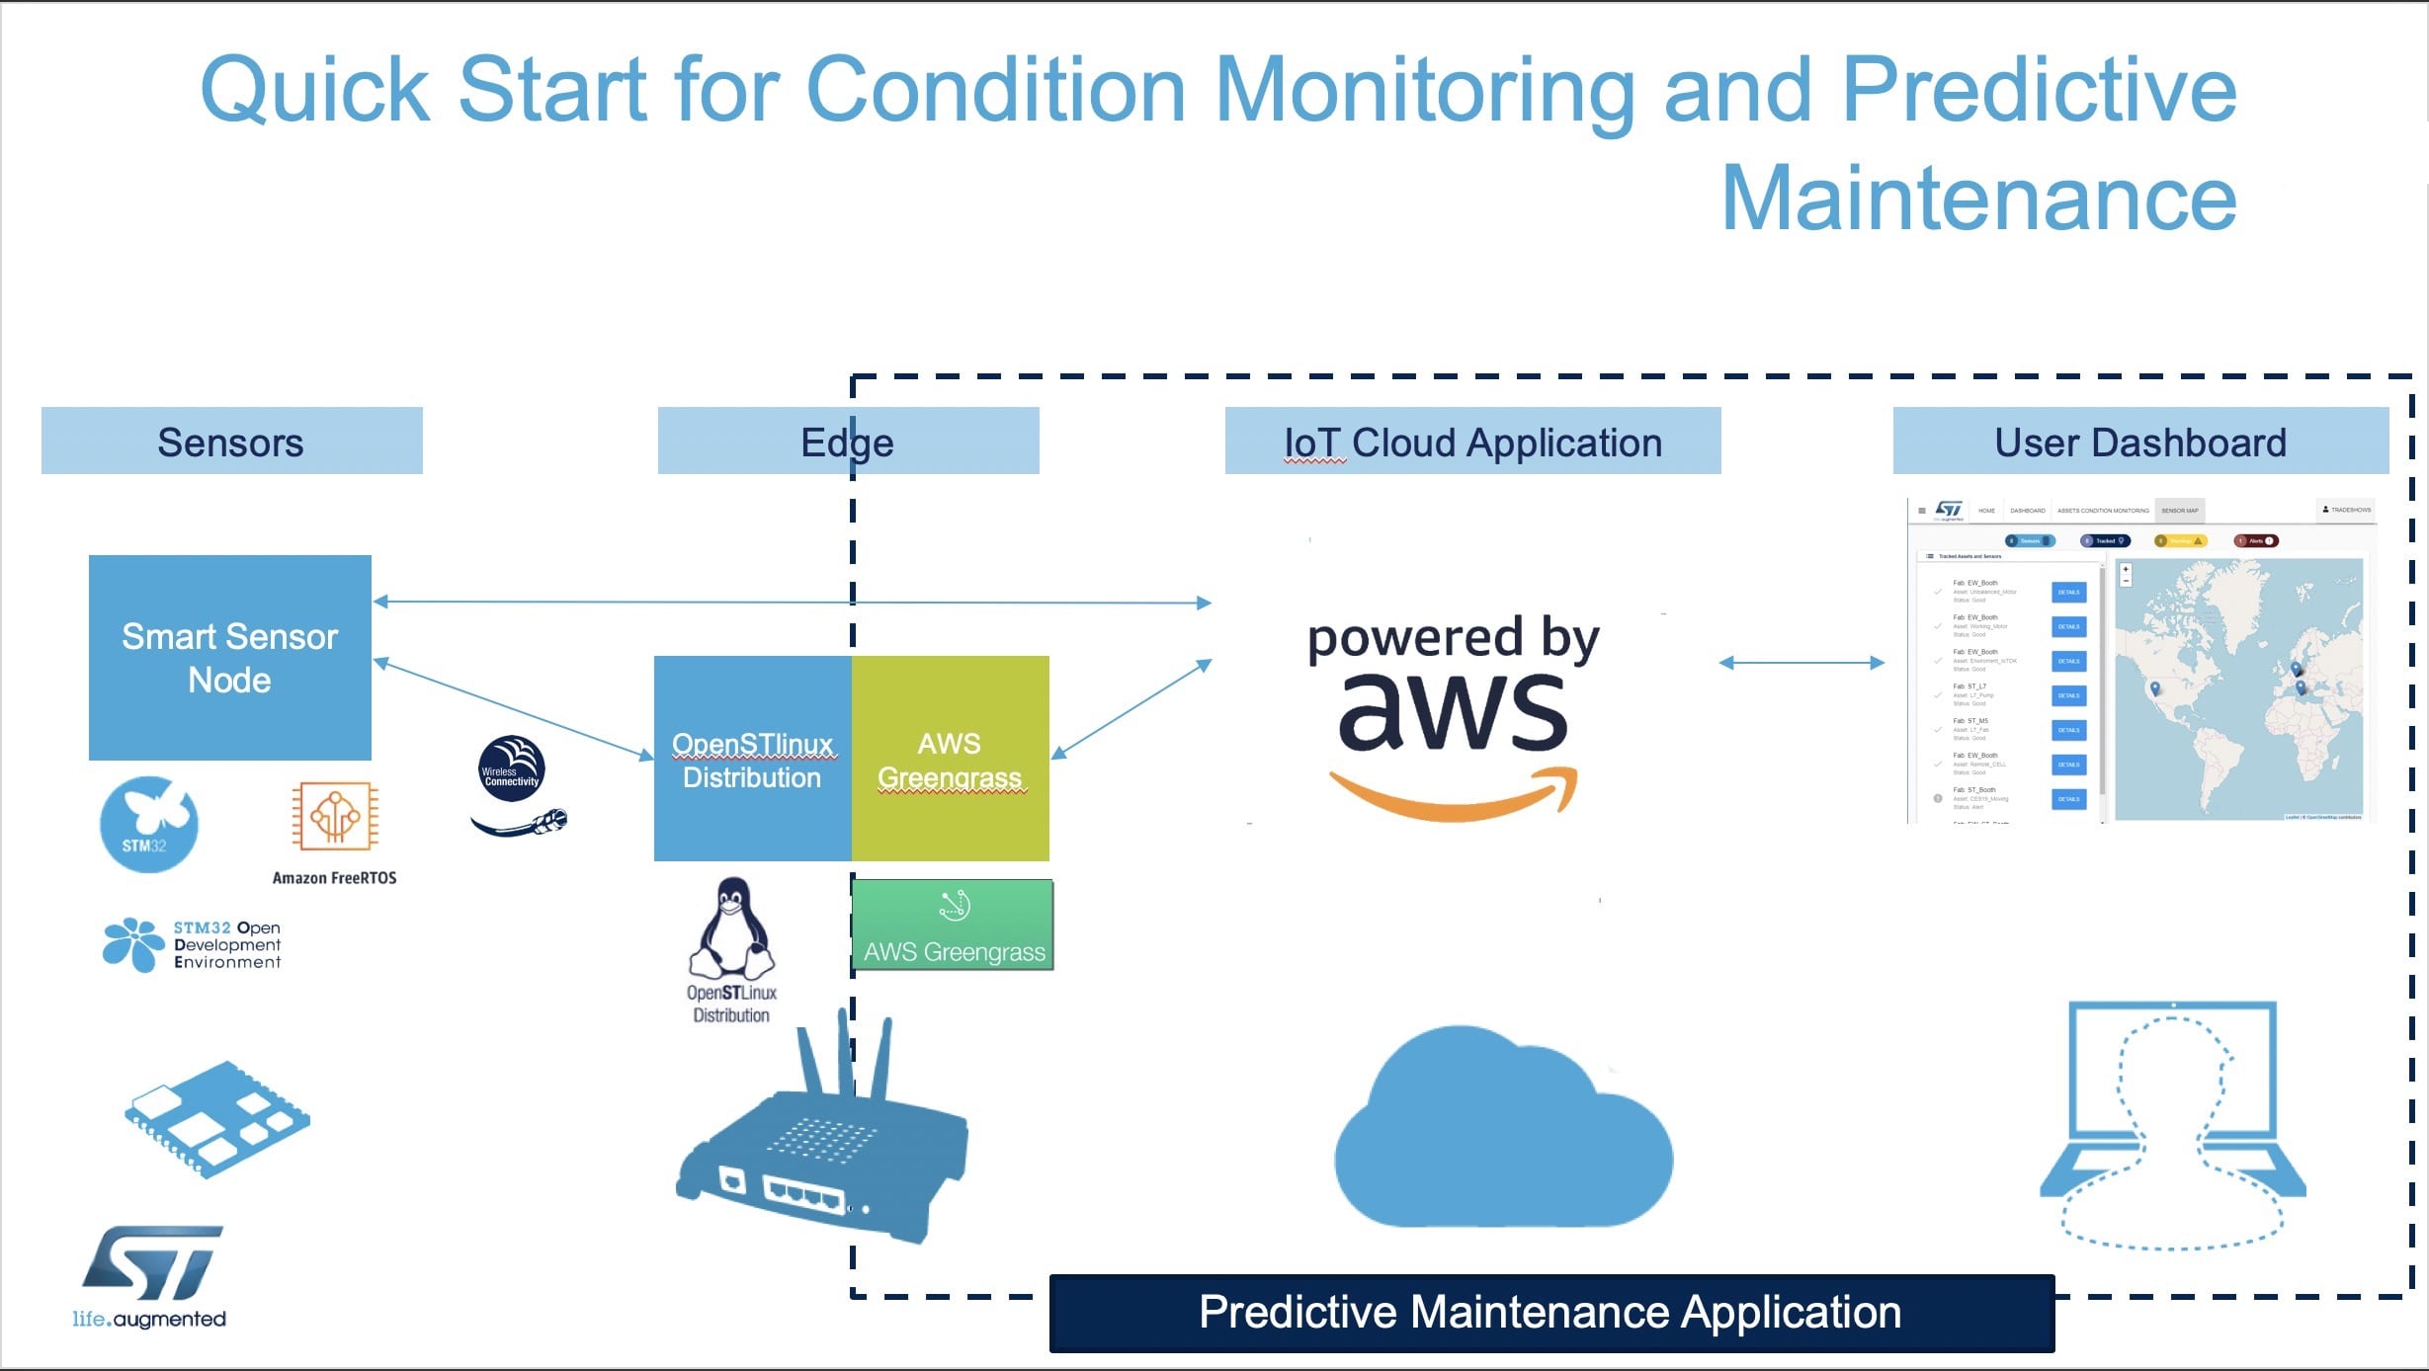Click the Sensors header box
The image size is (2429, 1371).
click(231, 442)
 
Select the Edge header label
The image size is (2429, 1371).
click(847, 442)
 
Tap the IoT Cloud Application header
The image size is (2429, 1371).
click(1472, 442)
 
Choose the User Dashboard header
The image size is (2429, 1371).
click(2140, 442)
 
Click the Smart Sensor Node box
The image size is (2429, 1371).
click(230, 658)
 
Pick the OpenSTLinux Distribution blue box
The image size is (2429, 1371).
click(752, 759)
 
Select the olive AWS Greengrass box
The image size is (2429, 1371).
click(950, 759)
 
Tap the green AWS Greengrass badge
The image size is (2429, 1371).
click(953, 926)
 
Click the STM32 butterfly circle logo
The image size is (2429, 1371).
click(149, 825)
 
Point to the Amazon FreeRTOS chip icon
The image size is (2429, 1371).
click(335, 817)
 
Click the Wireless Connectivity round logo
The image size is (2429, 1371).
click(511, 768)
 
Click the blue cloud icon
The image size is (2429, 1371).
click(1502, 1131)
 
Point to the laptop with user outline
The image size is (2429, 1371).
click(2172, 1126)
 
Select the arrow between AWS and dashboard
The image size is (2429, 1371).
click(1801, 663)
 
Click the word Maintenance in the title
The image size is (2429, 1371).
click(1978, 199)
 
